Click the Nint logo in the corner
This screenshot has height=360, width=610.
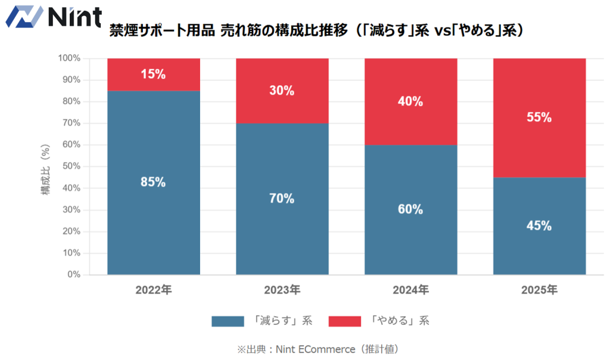pyautogui.click(x=52, y=15)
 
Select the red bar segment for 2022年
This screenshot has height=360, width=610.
pyautogui.click(x=153, y=75)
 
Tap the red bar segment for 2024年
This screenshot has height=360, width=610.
pyautogui.click(x=410, y=101)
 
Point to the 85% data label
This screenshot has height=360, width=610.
pyautogui.click(x=153, y=182)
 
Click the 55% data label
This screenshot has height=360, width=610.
pyautogui.click(x=539, y=117)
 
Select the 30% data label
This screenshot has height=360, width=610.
pyautogui.click(x=282, y=91)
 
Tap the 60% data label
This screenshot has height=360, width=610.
pyautogui.click(x=410, y=209)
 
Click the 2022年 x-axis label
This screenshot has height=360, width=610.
pyautogui.click(x=153, y=290)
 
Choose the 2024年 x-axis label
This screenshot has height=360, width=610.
pyautogui.click(x=410, y=290)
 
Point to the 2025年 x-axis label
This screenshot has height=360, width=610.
pyautogui.click(x=539, y=290)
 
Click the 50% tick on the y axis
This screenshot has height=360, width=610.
pyautogui.click(x=69, y=166)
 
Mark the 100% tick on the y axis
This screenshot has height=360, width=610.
pyautogui.click(x=69, y=58)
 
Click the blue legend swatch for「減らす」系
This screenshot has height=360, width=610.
pyautogui.click(x=228, y=321)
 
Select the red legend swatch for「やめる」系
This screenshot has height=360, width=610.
pyautogui.click(x=344, y=321)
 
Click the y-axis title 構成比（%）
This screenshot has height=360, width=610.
pyautogui.click(x=45, y=166)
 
